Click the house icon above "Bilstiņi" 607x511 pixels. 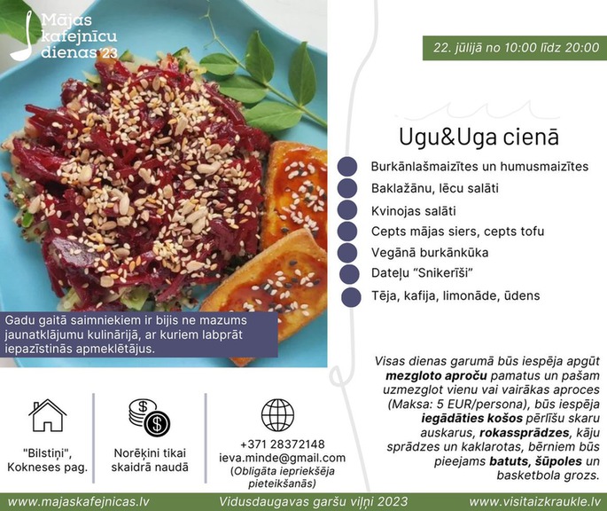coord(47,415)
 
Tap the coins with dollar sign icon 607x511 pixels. coord(150,418)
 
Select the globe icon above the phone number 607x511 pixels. coord(277,415)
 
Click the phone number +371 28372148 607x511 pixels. coord(282,444)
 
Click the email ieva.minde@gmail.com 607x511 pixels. coord(282,458)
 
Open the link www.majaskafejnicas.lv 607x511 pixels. coord(79,502)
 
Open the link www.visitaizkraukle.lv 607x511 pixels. coord(534,502)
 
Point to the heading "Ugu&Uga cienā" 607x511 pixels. coord(479,137)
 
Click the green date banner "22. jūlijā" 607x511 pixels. coord(515,48)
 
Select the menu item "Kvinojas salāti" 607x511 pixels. coord(414,211)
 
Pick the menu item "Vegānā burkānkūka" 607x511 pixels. coord(430,253)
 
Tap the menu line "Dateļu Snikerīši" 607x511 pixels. coord(422,273)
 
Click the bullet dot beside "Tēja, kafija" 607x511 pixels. coord(351,297)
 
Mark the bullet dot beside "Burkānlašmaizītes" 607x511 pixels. coord(346,167)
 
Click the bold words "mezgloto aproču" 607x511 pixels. coord(436,375)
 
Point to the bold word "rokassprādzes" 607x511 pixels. coord(525,432)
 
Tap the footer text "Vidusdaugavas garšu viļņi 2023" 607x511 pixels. coord(313,502)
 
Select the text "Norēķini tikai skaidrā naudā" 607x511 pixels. coord(150,460)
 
